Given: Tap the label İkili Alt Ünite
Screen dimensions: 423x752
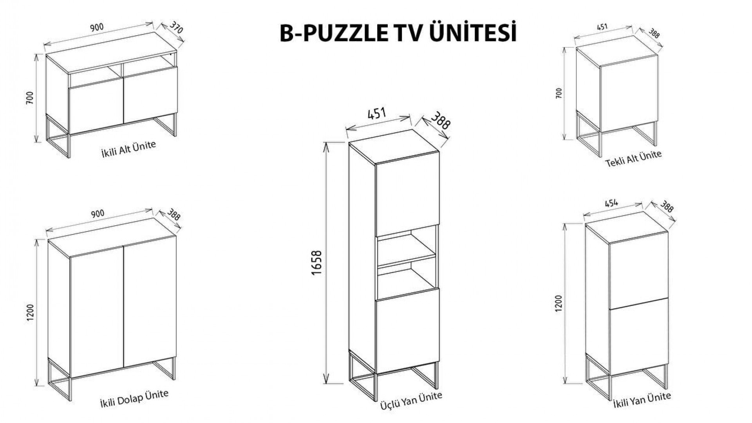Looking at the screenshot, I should (x=128, y=149).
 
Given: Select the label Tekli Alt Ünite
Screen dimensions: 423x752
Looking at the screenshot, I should (x=633, y=158).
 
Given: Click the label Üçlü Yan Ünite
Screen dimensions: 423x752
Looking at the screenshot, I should (x=411, y=401).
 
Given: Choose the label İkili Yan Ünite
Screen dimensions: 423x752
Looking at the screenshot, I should (x=642, y=400).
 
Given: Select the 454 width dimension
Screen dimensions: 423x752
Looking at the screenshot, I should (x=611, y=203).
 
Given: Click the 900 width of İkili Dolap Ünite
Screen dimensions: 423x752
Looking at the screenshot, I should (x=98, y=213).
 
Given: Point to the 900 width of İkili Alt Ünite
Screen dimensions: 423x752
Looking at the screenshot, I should (x=97, y=27).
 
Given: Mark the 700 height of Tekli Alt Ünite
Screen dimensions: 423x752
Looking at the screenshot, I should (x=559, y=93).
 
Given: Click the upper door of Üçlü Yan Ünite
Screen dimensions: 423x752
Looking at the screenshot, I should (x=407, y=194).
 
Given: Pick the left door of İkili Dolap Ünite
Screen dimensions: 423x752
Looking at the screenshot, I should (x=97, y=311).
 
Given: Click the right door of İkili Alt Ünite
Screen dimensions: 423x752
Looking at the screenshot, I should (x=151, y=94).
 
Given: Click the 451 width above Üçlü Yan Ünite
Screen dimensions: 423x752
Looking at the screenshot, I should (x=377, y=114).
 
